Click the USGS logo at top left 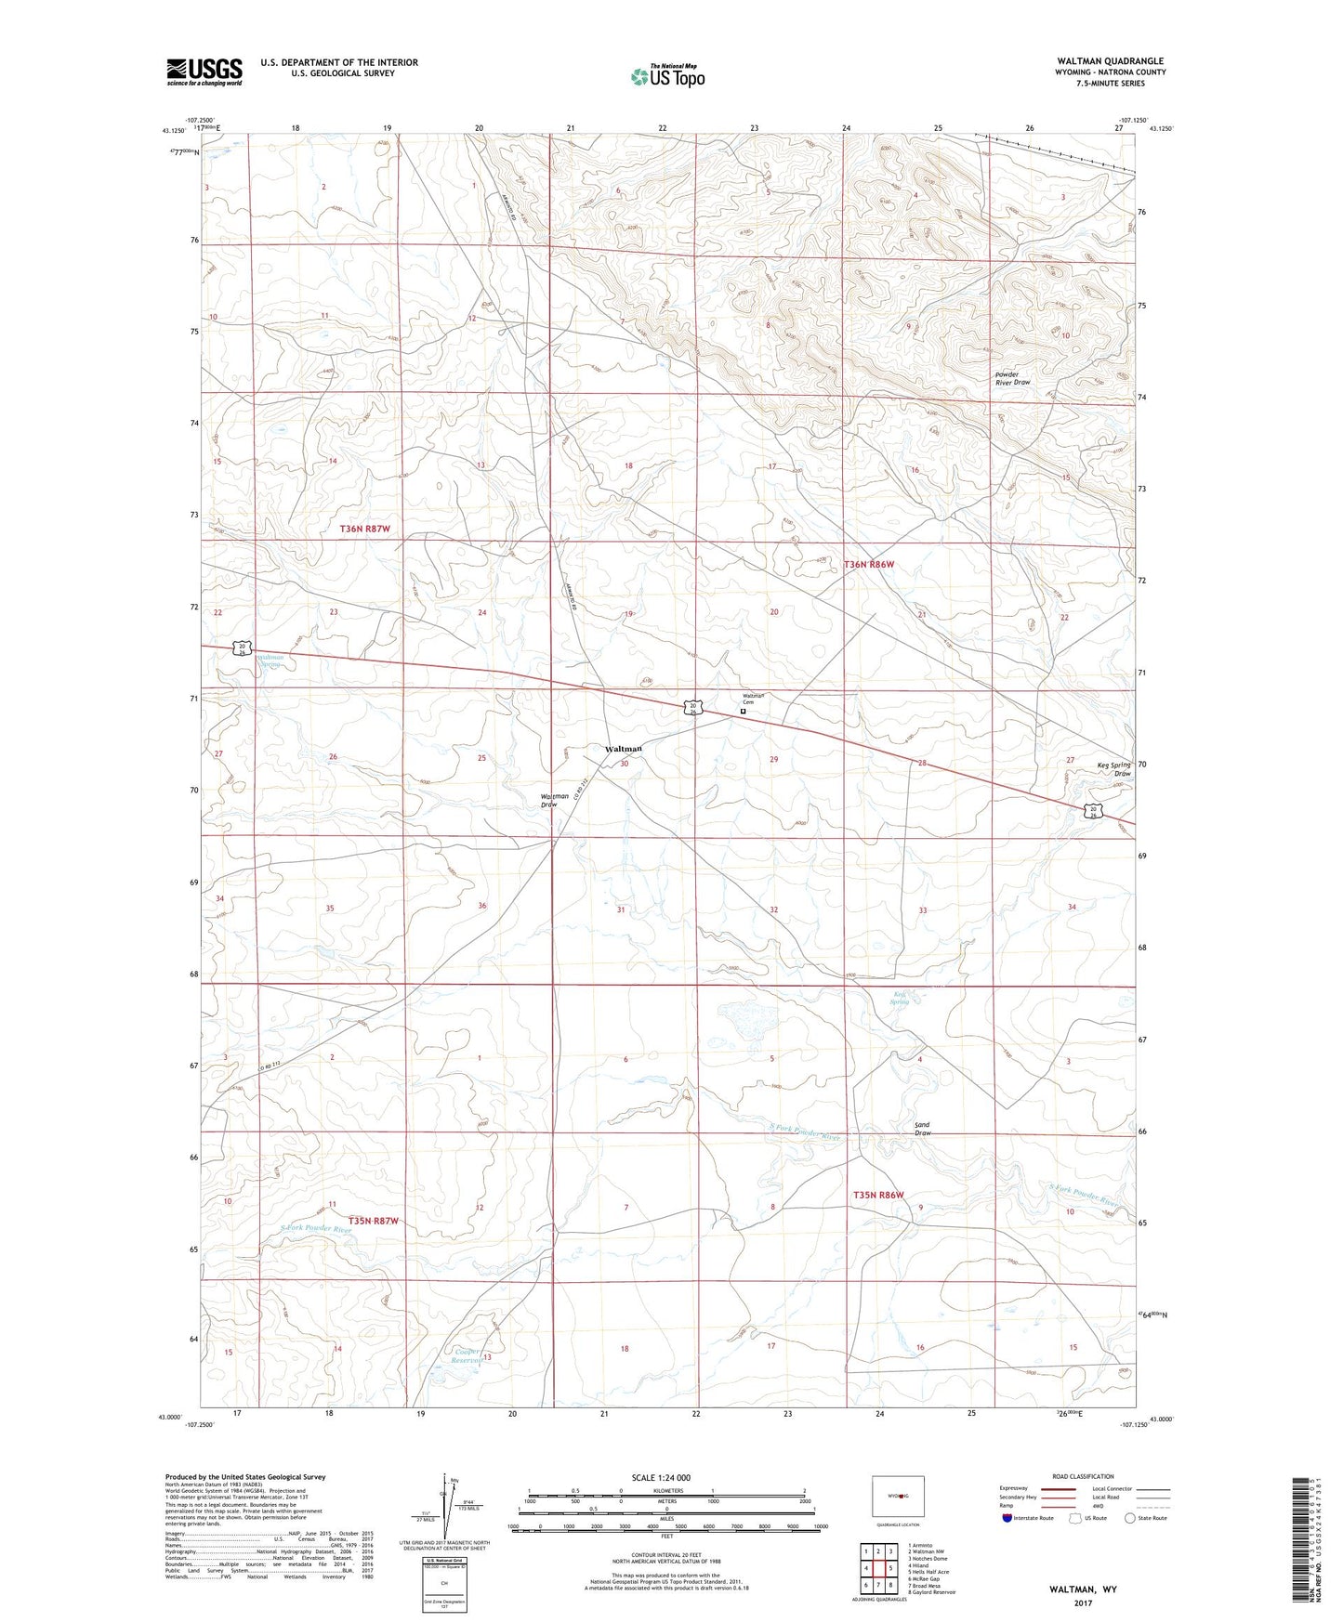tap(204, 72)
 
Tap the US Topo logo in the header tap(667, 76)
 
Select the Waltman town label tap(624, 749)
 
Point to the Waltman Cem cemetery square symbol tap(743, 712)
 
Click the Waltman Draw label tap(555, 800)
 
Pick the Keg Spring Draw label tap(1114, 768)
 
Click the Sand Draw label tap(922, 1129)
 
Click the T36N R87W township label tap(365, 529)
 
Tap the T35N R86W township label tap(878, 1195)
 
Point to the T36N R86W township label tap(868, 564)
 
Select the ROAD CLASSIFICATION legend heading tap(1083, 1477)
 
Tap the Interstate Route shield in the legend tap(1007, 1519)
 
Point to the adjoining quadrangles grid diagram tap(878, 1568)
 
